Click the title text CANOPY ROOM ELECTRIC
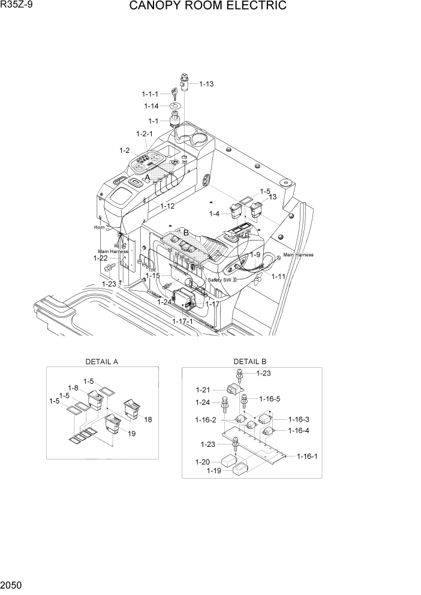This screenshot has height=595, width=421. point(208,7)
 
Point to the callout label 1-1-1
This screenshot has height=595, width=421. point(150,94)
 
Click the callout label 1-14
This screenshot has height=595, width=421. point(151,106)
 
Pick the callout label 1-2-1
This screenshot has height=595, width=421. point(145,134)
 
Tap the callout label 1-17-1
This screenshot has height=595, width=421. point(184,322)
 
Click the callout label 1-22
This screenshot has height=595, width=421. point(100,258)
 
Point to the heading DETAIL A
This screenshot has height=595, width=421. point(102,362)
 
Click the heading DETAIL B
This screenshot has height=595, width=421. point(250,362)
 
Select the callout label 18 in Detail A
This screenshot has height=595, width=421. point(148,419)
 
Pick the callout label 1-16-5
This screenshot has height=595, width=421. point(270,398)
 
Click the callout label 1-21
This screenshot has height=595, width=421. point(204,390)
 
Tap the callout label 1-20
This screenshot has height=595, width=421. point(203,462)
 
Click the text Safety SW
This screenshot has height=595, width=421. point(219,280)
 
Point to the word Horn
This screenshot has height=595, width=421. point(99,228)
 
